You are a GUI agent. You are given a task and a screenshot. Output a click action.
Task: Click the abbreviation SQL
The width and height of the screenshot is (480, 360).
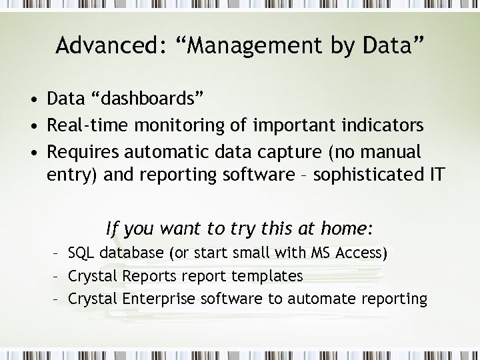tap(81, 253)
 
